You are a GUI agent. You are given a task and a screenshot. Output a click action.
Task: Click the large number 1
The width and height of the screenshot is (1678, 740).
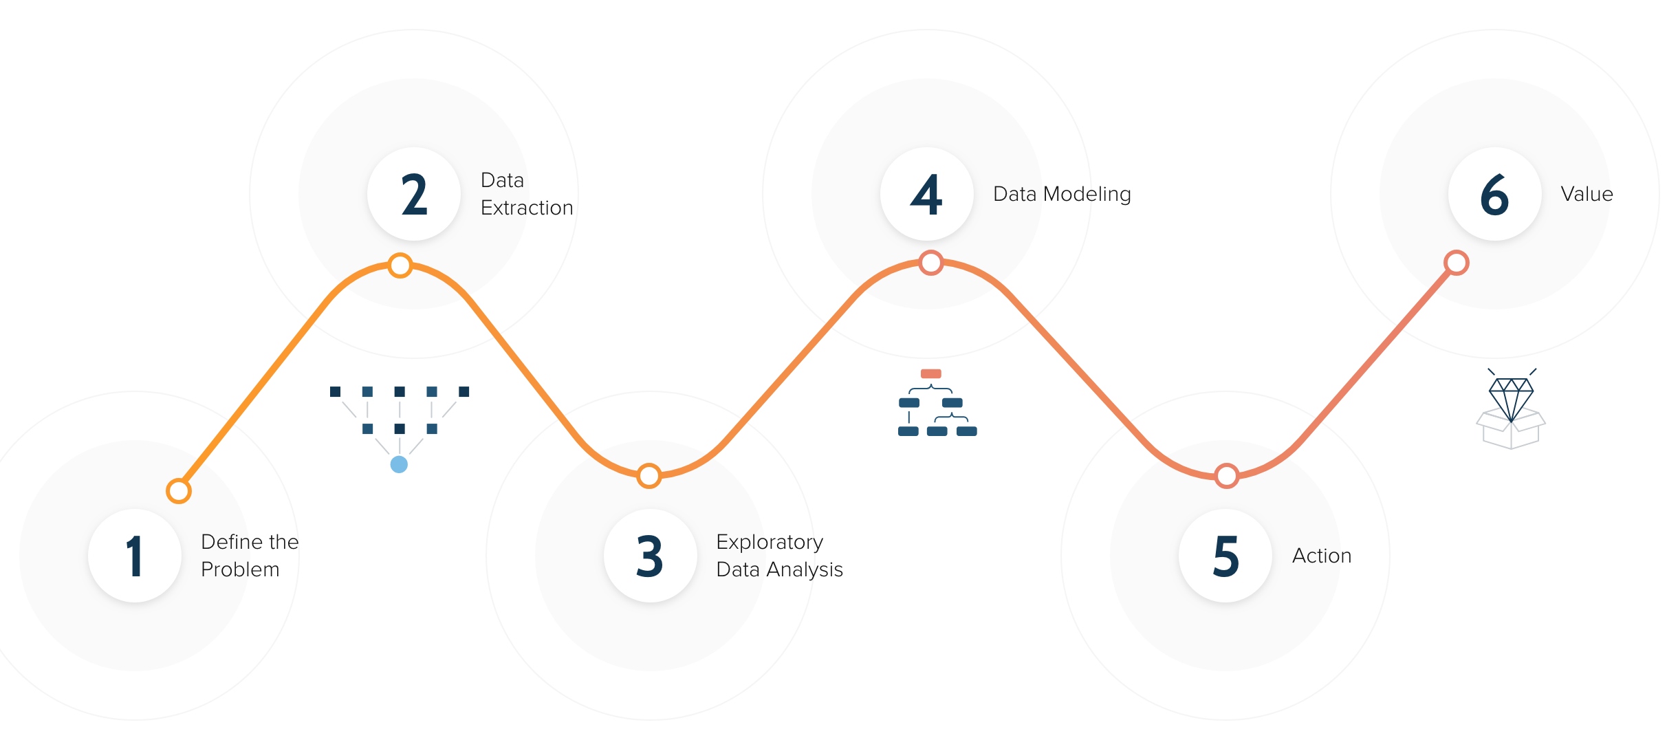pos(135,556)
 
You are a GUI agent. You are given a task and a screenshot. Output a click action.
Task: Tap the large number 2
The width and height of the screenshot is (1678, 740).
pos(414,195)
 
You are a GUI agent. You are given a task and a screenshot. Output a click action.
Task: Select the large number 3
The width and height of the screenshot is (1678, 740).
pos(650,556)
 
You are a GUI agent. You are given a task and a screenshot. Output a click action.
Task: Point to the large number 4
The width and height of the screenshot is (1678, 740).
pos(926,195)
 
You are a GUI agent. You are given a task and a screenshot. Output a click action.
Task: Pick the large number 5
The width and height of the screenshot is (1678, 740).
pos(1226,556)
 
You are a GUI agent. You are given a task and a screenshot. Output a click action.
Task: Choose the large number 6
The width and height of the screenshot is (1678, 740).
pos(1494,195)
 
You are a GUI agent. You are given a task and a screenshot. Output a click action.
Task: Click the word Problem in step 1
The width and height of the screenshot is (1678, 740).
pos(240,569)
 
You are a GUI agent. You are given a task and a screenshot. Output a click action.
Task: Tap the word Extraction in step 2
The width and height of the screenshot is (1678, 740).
pos(527,208)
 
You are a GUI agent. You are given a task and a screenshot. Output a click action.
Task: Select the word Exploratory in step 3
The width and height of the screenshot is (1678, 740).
pos(770,543)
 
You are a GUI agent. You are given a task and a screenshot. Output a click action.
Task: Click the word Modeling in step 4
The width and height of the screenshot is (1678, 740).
pos(1087,195)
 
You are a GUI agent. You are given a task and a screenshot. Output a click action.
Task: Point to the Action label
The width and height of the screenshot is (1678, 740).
pos(1322,556)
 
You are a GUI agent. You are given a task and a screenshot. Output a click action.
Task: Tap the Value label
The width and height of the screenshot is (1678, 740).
pos(1587,194)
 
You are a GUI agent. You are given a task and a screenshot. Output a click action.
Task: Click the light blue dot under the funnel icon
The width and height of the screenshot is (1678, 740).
pos(399,465)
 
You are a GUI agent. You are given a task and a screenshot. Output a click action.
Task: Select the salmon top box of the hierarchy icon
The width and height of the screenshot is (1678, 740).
pos(930,374)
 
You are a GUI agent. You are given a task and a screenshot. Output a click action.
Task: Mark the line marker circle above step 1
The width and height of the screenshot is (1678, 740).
pos(179,491)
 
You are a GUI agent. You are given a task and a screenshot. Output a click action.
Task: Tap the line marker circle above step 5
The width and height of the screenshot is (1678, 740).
pos(1227,476)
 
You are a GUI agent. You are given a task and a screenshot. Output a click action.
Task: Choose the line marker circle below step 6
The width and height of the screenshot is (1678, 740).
pos(1457,263)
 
